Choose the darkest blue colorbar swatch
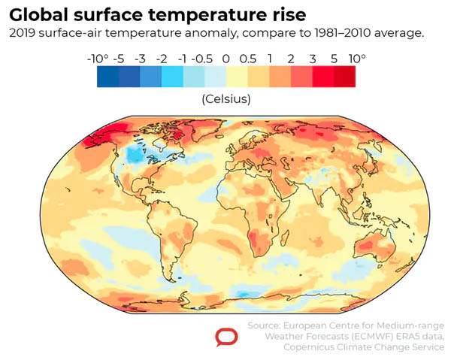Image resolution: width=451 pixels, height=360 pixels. tap(107, 77)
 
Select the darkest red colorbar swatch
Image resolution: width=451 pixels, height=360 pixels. tap(345, 77)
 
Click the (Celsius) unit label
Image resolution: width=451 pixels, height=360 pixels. tap(225, 98)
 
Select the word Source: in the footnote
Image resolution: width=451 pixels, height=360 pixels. tap(265, 325)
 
